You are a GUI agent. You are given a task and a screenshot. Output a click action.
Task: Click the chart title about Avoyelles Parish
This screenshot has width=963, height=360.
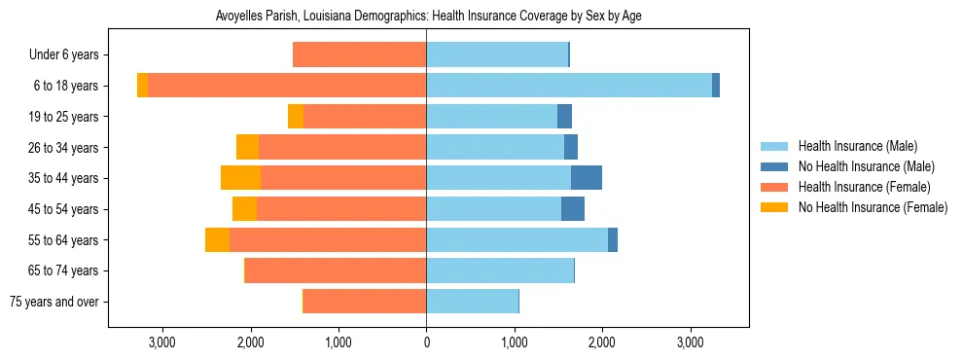pyautogui.click(x=426, y=17)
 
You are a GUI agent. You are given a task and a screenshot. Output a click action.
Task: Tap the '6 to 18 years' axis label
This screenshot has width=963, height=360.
pyautogui.click(x=65, y=86)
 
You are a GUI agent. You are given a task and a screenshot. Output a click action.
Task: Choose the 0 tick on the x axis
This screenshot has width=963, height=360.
pyautogui.click(x=426, y=342)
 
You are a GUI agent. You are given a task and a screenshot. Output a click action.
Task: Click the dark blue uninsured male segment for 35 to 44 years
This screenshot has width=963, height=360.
pyautogui.click(x=587, y=178)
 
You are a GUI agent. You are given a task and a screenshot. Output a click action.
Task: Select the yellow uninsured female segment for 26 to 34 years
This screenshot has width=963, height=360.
pyautogui.click(x=248, y=147)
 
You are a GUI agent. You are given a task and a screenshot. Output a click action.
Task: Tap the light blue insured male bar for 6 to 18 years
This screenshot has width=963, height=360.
pyautogui.click(x=569, y=86)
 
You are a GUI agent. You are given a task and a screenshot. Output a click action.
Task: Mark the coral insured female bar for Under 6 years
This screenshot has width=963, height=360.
pyautogui.click(x=360, y=54)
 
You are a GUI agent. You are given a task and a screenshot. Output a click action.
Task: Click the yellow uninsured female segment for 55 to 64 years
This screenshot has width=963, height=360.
pyautogui.click(x=218, y=239)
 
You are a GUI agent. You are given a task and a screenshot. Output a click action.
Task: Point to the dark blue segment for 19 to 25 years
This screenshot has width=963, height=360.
pyautogui.click(x=564, y=117)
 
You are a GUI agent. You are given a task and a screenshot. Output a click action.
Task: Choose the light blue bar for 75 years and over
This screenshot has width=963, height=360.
pyautogui.click(x=473, y=302)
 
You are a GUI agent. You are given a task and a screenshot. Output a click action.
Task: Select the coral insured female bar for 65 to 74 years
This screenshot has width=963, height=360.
pyautogui.click(x=336, y=270)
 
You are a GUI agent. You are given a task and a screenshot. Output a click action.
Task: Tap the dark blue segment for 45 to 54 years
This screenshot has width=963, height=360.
pyautogui.click(x=573, y=209)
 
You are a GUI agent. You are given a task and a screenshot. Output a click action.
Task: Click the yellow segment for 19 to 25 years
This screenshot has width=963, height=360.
pyautogui.click(x=296, y=117)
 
